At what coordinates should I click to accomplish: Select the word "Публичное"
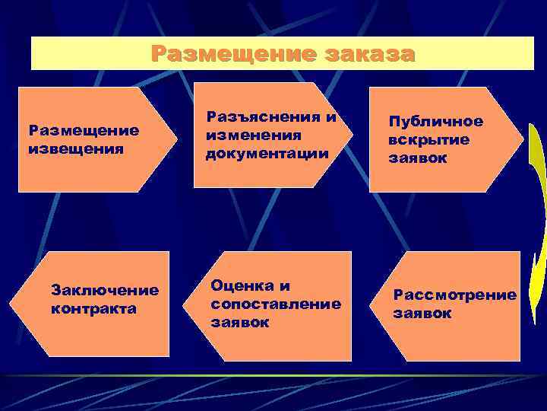click(435, 122)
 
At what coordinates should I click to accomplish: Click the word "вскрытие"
click(428, 140)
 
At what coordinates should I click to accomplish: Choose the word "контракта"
click(93, 308)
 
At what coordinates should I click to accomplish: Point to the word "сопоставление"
click(275, 304)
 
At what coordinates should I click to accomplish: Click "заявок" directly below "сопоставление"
click(239, 322)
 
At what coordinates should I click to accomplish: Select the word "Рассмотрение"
click(454, 295)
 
